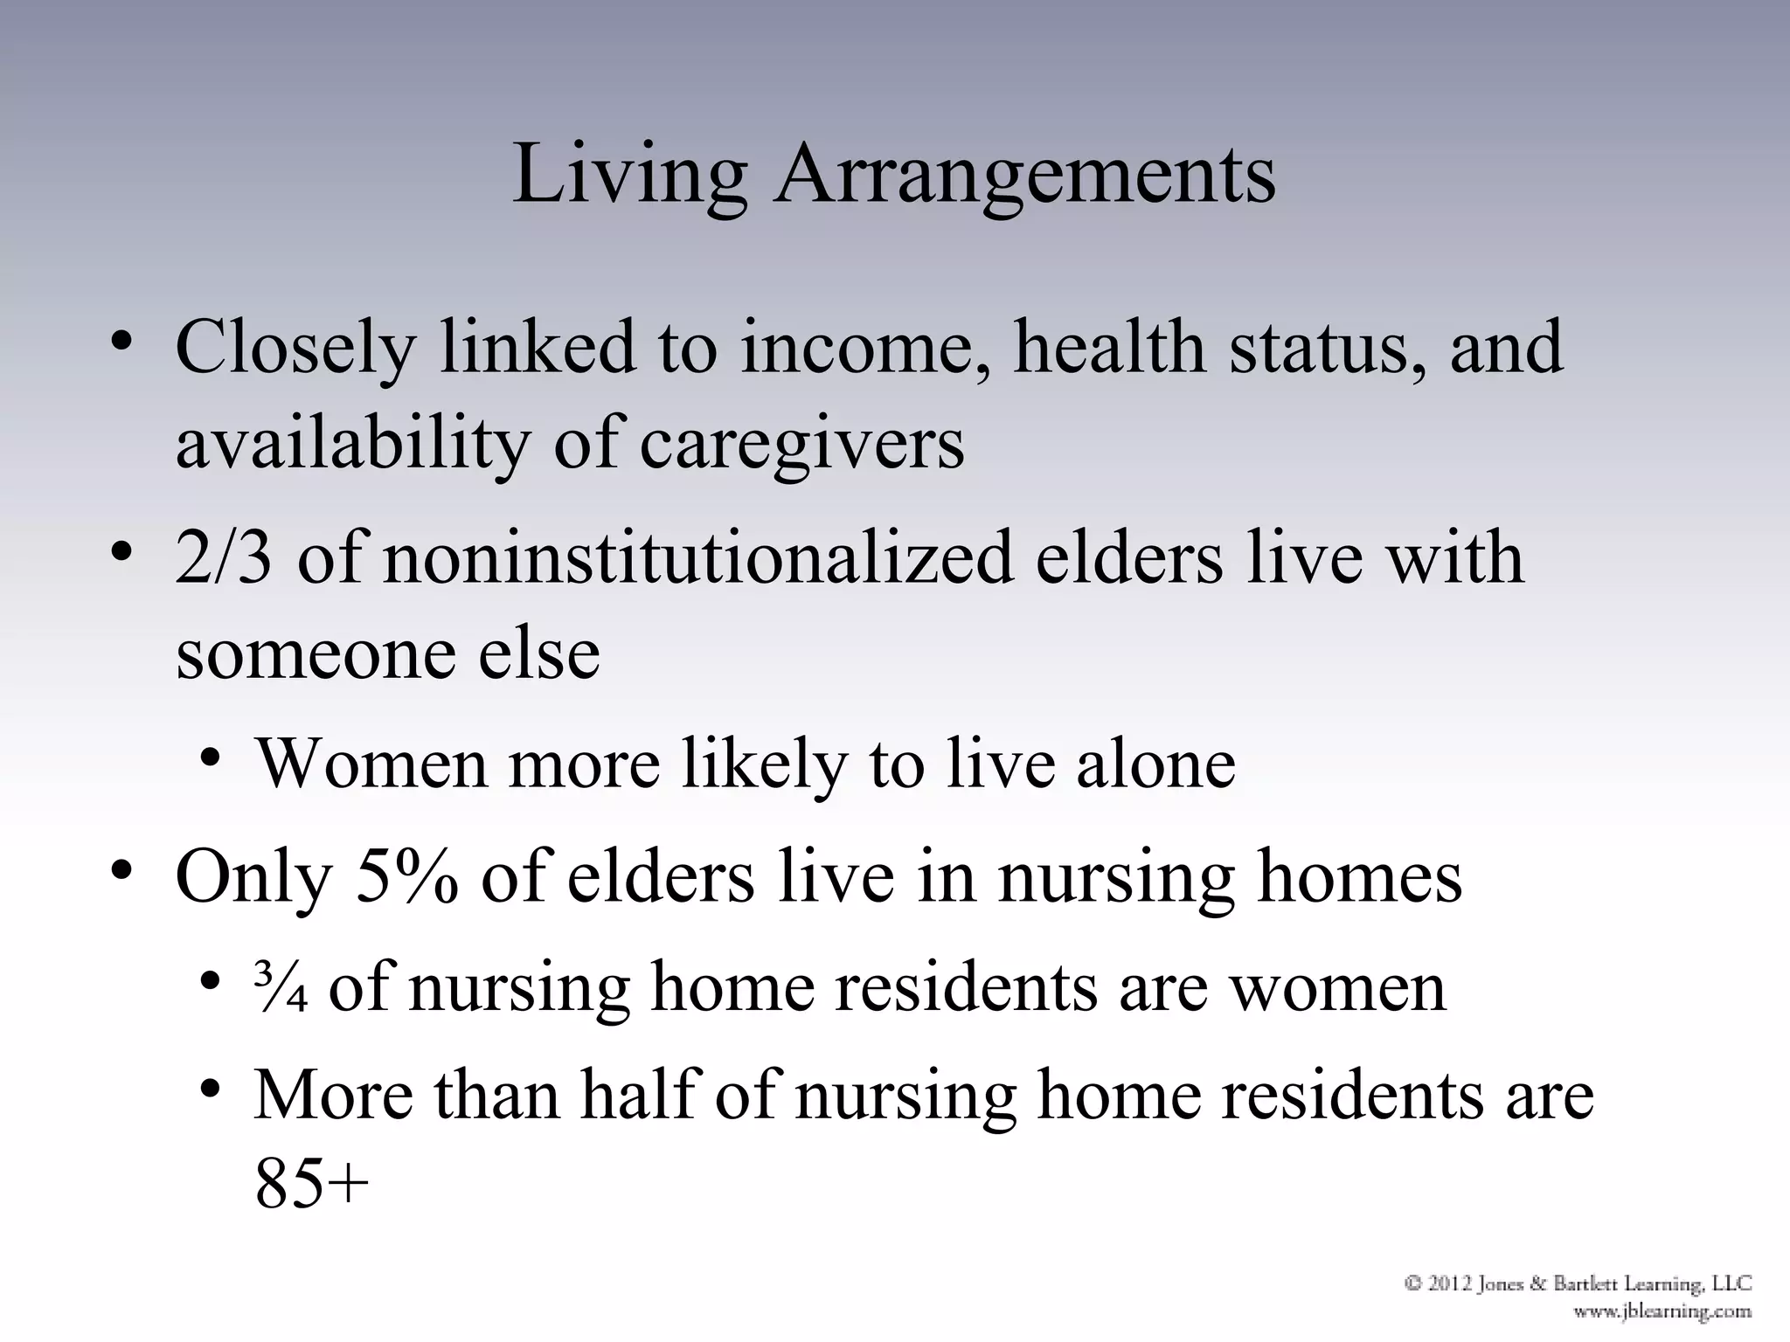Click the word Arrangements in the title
click(x=1024, y=175)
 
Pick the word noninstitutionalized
click(x=697, y=557)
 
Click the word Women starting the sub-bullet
click(x=371, y=764)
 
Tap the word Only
click(x=254, y=877)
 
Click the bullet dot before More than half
click(x=209, y=1089)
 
